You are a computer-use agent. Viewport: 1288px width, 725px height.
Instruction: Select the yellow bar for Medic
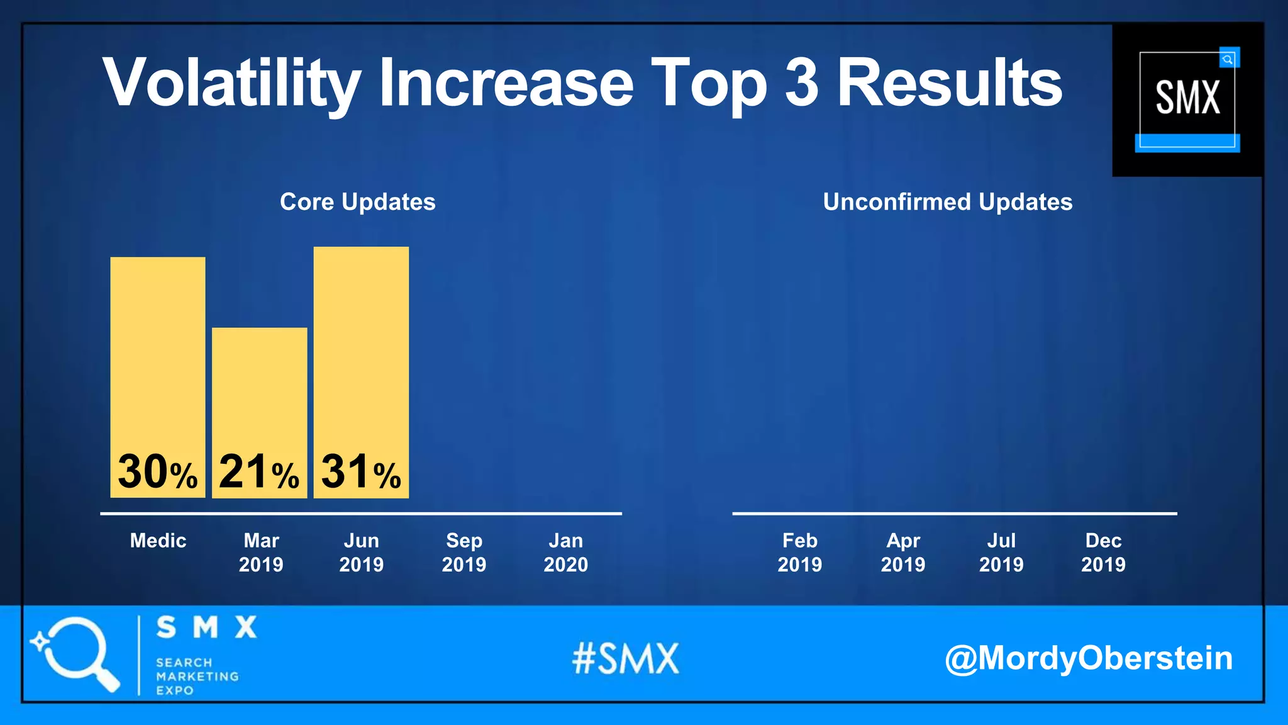point(158,352)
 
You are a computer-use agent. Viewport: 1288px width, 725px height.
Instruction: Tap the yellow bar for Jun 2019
point(361,346)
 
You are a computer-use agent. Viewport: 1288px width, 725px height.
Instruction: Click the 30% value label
point(158,472)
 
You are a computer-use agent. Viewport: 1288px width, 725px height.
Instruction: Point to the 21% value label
point(259,472)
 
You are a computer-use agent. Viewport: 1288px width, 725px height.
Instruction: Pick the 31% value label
point(361,472)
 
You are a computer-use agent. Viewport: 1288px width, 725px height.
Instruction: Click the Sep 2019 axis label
point(464,553)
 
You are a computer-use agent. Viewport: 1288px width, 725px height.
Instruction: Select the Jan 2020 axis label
point(566,553)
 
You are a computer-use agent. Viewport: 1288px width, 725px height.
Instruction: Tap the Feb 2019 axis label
point(800,553)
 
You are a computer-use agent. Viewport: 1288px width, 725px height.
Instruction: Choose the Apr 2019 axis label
point(903,553)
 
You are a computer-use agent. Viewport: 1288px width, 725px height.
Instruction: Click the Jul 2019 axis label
point(1001,553)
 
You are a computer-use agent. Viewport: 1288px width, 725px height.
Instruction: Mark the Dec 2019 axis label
point(1104,553)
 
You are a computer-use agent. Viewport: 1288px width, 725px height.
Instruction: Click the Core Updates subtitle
point(358,202)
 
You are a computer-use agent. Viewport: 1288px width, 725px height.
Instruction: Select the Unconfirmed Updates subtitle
point(948,202)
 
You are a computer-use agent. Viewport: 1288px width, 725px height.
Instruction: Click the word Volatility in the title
point(231,84)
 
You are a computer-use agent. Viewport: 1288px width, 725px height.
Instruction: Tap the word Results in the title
point(950,84)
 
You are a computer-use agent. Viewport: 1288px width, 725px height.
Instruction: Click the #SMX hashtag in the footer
point(626,658)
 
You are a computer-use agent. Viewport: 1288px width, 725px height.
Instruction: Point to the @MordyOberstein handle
point(1089,658)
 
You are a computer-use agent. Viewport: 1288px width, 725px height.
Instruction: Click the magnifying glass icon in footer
point(75,653)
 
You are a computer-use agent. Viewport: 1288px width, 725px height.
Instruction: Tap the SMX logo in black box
point(1187,99)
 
